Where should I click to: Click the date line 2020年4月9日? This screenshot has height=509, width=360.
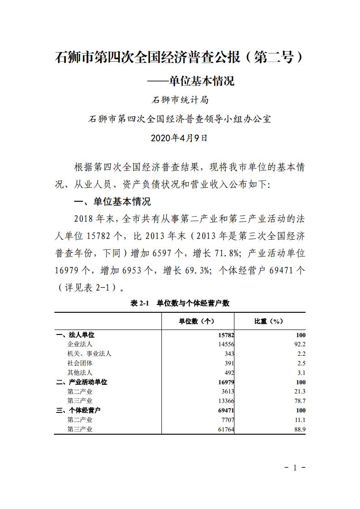pyautogui.click(x=179, y=138)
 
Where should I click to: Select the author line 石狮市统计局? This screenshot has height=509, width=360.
pyautogui.click(x=180, y=100)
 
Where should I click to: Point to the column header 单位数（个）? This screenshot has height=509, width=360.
pyautogui.click(x=197, y=321)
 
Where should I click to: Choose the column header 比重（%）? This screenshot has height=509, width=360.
pyautogui.click(x=269, y=321)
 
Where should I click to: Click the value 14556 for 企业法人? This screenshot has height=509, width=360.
pyautogui.click(x=224, y=344)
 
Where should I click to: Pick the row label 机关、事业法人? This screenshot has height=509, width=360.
pyautogui.click(x=89, y=354)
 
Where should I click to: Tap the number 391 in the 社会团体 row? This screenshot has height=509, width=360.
pyautogui.click(x=229, y=363)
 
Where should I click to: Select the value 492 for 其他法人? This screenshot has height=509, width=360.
pyautogui.click(x=229, y=373)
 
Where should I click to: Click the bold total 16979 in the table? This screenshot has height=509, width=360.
pyautogui.click(x=224, y=382)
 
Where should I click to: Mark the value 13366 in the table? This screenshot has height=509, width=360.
pyautogui.click(x=224, y=401)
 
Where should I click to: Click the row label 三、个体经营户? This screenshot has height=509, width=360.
pyautogui.click(x=78, y=410)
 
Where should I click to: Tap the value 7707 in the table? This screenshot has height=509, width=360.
pyautogui.click(x=226, y=420)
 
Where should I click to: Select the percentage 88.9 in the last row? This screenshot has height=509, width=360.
pyautogui.click(x=300, y=429)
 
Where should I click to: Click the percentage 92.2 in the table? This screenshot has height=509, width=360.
pyautogui.click(x=300, y=344)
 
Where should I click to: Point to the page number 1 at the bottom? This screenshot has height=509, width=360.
pyautogui.click(x=294, y=468)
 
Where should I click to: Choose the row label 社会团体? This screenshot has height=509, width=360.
pyautogui.click(x=80, y=363)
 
